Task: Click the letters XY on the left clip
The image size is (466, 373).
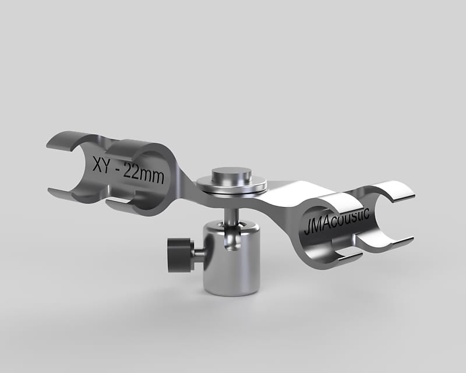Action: pos(104,163)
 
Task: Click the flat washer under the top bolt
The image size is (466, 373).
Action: pos(231,186)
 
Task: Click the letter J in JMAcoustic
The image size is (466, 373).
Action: pos(306,228)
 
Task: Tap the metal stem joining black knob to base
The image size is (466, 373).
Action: pos(198,252)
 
